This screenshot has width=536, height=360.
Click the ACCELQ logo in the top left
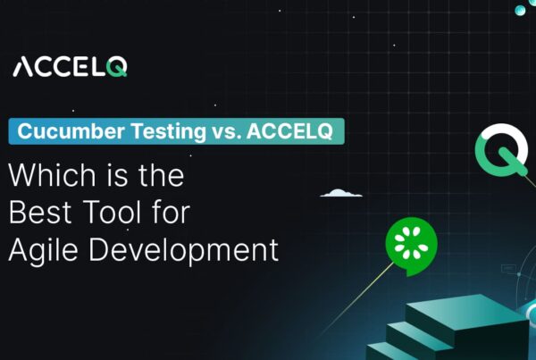(x=70, y=67)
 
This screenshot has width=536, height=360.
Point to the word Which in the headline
(x=43, y=175)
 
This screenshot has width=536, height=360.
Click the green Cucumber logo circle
(x=411, y=242)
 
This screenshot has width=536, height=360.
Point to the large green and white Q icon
(x=500, y=152)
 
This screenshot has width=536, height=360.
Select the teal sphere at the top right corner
(x=520, y=10)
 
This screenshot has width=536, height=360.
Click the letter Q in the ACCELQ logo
(x=117, y=67)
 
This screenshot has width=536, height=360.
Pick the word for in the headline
(x=171, y=213)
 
